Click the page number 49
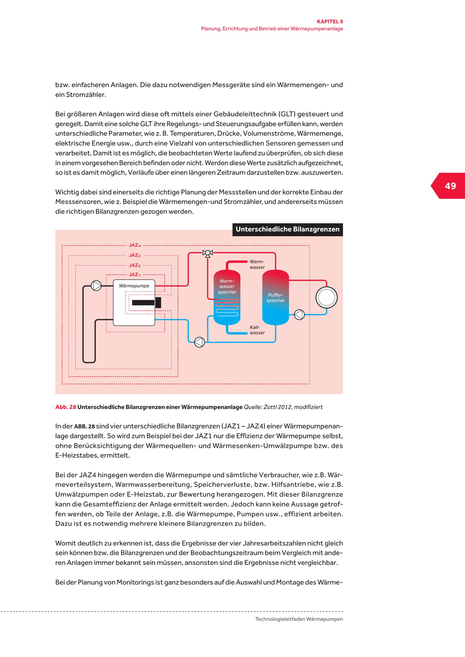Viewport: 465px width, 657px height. tap(450, 186)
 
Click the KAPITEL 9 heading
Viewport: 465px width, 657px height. tap(329, 21)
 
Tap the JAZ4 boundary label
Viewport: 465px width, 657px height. tap(135, 245)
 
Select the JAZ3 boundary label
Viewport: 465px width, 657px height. tap(135, 255)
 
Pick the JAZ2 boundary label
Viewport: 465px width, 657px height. tap(135, 265)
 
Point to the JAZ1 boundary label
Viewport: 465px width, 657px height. tap(135, 275)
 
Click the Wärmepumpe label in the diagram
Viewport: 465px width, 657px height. tap(134, 286)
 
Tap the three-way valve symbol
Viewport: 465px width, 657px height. tap(208, 253)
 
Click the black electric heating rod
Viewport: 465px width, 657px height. tap(146, 302)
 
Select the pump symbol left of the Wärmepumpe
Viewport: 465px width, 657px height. tap(96, 286)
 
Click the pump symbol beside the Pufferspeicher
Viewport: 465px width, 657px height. tap(299, 315)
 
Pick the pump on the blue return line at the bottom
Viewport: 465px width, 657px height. tap(199, 342)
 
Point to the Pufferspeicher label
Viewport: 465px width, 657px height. tap(276, 298)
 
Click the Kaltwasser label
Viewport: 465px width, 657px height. tap(257, 330)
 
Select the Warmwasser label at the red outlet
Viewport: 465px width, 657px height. tap(257, 264)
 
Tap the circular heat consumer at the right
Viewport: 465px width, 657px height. tap(326, 298)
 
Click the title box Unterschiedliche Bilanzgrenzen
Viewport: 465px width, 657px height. tap(287, 230)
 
